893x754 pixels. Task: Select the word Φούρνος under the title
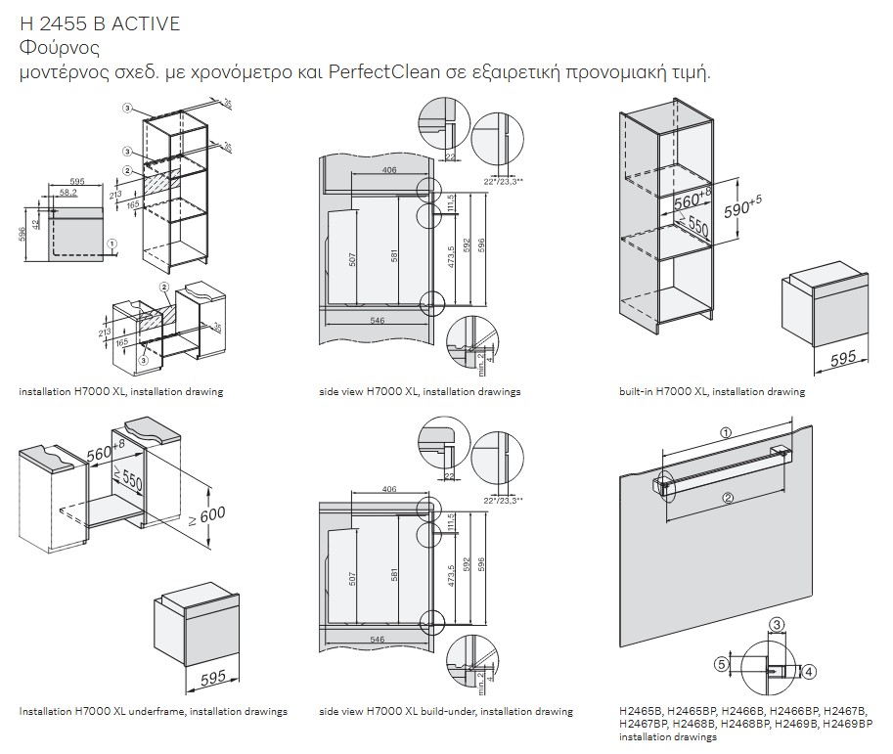coord(60,48)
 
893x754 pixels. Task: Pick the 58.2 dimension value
coord(67,193)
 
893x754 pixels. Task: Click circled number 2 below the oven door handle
coord(728,497)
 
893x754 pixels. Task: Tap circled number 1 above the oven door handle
coord(725,431)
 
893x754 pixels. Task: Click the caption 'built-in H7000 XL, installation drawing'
coord(711,391)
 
